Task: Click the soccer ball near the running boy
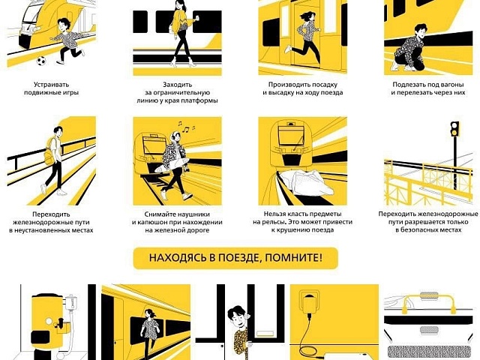(41, 61)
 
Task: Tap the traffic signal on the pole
(455, 129)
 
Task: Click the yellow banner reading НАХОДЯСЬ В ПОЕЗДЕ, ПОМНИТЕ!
(235, 258)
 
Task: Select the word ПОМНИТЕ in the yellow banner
(293, 258)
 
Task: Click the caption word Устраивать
(52, 85)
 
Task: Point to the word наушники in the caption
(193, 214)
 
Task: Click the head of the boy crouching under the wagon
(421, 31)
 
